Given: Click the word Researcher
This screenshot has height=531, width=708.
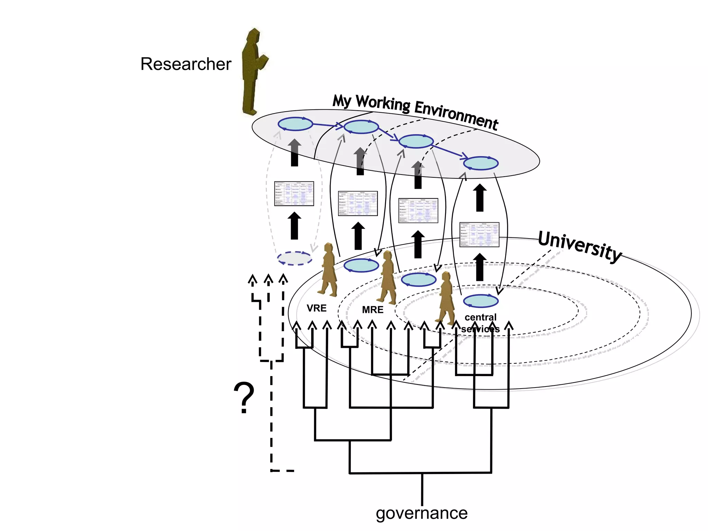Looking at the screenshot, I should (186, 64).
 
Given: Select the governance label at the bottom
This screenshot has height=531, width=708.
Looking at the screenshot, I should (421, 513).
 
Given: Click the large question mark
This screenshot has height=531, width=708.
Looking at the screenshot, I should (244, 398).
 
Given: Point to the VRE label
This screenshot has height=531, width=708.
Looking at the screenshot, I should (316, 308).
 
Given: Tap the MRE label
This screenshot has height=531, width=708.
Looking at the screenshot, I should (373, 310).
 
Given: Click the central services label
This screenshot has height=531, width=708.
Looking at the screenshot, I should (481, 323).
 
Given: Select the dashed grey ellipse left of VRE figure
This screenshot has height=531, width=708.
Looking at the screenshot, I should (295, 259).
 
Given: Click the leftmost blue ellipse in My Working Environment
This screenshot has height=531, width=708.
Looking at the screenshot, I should (295, 124).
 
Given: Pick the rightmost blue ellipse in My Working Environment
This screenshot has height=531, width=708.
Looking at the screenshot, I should (481, 163).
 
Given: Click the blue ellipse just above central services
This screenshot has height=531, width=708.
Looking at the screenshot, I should (481, 301).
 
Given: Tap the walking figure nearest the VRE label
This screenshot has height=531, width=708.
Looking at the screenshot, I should (329, 270).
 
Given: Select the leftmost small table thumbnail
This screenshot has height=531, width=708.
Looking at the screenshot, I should (294, 194).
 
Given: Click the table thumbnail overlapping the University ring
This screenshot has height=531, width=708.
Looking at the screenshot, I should (479, 235).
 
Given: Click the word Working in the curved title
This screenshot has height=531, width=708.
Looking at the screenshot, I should (383, 103).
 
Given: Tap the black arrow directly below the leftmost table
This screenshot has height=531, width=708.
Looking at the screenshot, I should (295, 226).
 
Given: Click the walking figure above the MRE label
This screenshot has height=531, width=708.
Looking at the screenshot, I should (388, 277).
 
